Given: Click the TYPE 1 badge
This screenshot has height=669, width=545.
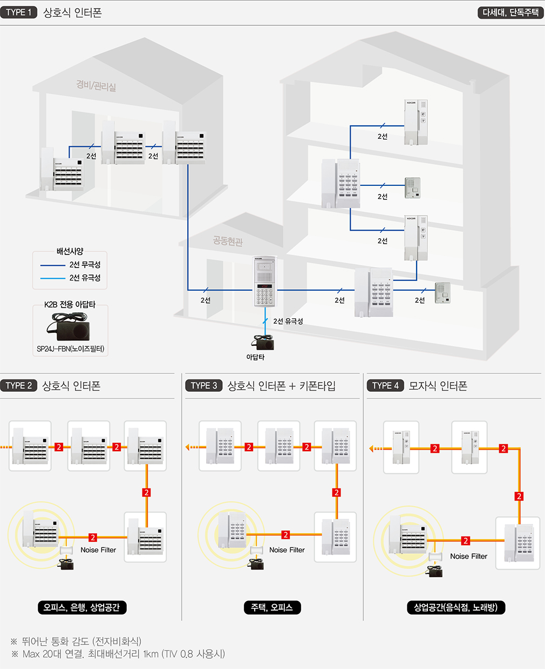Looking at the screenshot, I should pos(19,12).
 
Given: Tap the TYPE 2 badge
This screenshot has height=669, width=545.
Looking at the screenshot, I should pos(19,385).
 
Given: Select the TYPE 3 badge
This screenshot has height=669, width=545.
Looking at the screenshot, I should pos(204,385).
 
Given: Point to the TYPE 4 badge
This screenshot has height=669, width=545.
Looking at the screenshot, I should pos(385,385).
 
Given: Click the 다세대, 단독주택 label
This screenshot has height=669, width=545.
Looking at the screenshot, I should pos(510,12).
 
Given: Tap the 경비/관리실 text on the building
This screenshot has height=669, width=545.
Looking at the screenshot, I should pos(96,85).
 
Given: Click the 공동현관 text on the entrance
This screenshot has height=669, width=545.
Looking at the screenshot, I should pos(228,241).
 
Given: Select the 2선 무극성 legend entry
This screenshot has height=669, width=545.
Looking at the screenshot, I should pos(85,265).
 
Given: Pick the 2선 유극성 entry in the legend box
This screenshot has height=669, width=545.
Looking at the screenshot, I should pos(85,278).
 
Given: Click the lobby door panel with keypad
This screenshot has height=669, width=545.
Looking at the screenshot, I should pos(264,282).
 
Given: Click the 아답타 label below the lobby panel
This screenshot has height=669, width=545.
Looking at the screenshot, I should pos(255,357).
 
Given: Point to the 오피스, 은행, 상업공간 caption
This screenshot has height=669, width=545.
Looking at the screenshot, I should pos(81,607).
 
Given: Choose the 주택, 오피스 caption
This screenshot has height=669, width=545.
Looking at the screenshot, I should pos(271,607).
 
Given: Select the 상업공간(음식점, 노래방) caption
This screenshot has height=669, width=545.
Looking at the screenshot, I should pos(456,607).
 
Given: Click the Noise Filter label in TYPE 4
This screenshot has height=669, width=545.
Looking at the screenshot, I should pos(468,556).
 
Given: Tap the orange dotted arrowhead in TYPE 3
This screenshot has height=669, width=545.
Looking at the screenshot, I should pos(188,447).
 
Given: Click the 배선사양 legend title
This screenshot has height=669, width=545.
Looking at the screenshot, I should pos(70,251).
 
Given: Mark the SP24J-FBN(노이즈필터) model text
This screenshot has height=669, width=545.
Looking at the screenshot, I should pos(71,349).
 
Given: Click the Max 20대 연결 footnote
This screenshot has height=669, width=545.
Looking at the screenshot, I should pos(124,654).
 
